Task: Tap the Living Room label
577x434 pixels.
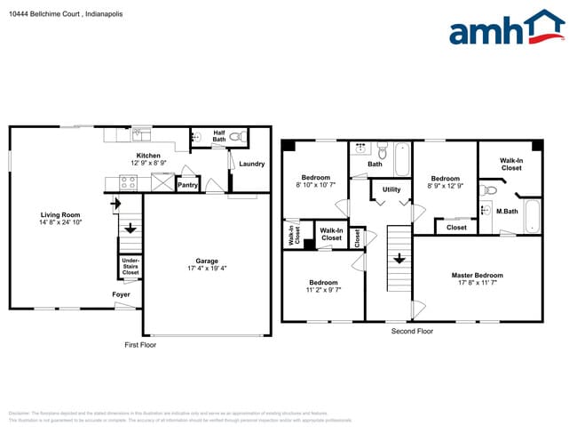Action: tap(60, 214)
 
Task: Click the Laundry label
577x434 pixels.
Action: tap(252, 164)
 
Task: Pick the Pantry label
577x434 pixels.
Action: tap(187, 185)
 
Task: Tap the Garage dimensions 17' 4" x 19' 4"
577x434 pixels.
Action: tap(207, 268)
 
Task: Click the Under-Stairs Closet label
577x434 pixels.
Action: tap(130, 267)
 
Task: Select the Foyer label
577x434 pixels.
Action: tap(121, 294)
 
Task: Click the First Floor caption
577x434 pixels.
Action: tap(140, 344)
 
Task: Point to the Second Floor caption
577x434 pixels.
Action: tap(412, 331)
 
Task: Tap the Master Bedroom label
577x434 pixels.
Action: tap(477, 276)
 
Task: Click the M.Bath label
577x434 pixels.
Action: tap(506, 211)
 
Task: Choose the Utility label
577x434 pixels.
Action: tap(391, 189)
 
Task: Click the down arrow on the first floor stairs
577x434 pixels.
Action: tap(130, 228)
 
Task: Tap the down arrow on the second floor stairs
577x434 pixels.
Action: tap(399, 260)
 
